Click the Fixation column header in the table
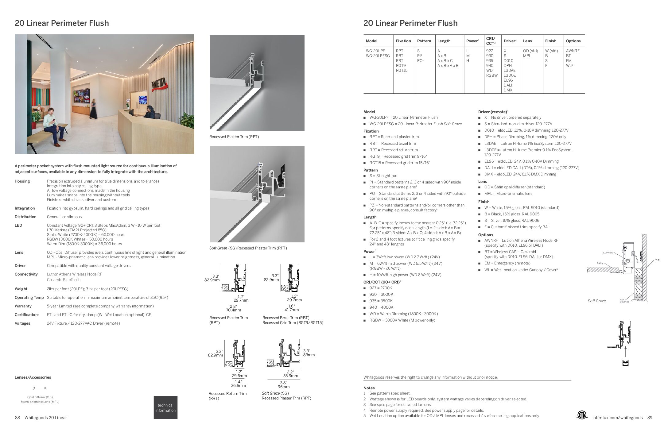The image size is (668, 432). click(x=403, y=41)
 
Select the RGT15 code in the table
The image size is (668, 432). click(x=401, y=71)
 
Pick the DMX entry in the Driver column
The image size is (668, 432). click(x=508, y=90)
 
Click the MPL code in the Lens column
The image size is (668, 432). click(x=527, y=56)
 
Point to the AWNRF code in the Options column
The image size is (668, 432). click(x=573, y=51)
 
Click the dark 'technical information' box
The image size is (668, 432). click(x=165, y=407)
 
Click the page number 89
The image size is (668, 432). click(x=650, y=418)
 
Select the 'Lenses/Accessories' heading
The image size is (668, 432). click(x=33, y=377)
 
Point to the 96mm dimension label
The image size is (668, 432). click(x=284, y=387)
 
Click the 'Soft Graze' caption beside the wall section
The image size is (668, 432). click(x=596, y=301)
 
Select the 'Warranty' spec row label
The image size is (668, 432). click(x=23, y=306)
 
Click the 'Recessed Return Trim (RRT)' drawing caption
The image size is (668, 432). click(x=227, y=396)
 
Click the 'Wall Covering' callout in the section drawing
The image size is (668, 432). click(x=624, y=301)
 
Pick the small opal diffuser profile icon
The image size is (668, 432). click(x=40, y=389)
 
